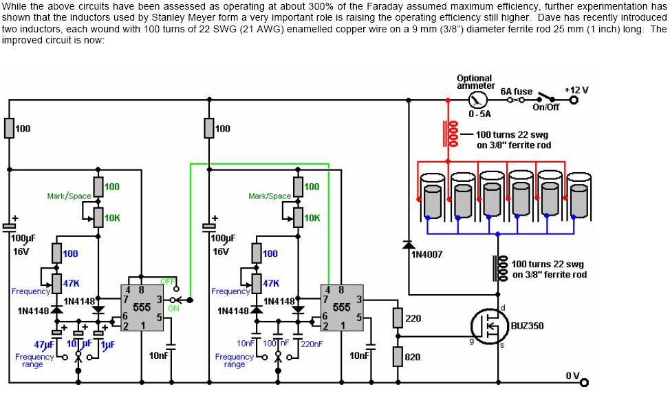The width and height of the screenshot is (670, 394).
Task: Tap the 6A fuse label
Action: (516, 91)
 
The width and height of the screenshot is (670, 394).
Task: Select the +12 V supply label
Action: (576, 90)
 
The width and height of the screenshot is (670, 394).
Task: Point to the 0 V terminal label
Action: (572, 375)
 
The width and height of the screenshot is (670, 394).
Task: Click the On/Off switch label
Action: (545, 107)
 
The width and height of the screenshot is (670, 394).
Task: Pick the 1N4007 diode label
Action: (426, 254)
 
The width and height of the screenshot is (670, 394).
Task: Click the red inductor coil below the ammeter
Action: (451, 134)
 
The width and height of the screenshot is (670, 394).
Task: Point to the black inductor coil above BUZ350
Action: (499, 269)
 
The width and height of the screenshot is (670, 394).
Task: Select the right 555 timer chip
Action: (341, 307)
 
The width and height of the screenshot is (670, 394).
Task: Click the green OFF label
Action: (167, 281)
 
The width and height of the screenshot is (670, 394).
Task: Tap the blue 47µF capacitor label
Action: (43, 344)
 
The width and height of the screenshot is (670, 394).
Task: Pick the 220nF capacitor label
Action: (312, 344)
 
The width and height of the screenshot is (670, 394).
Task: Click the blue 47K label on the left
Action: (71, 283)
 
